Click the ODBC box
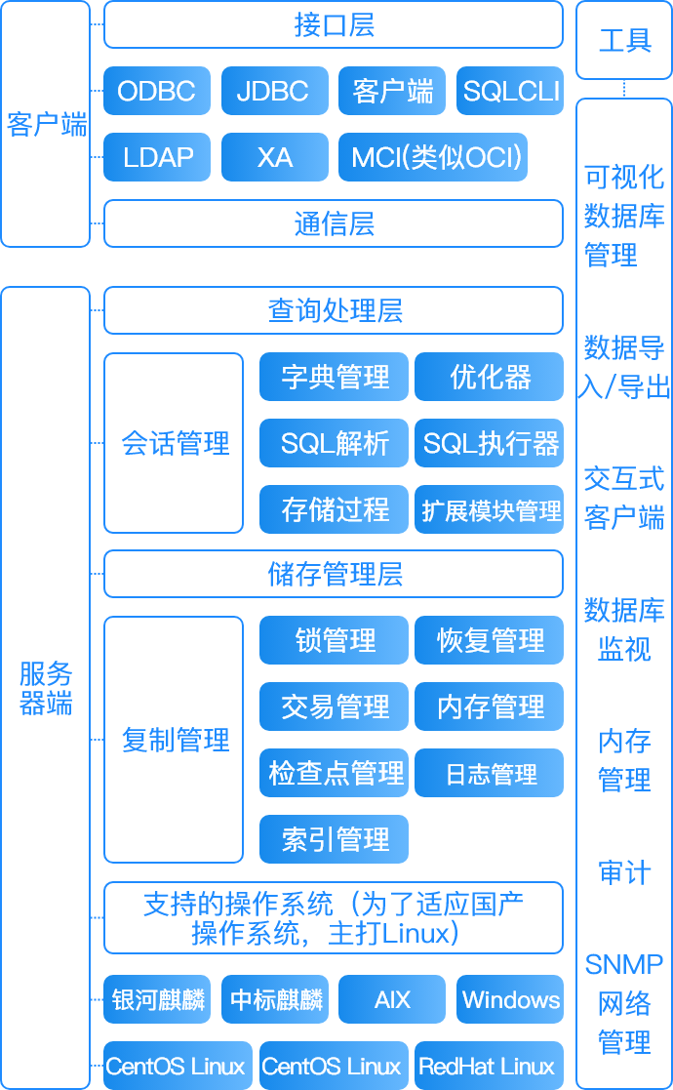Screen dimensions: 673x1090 157,91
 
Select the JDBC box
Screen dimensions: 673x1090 275,91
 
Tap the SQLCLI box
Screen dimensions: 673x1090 510,91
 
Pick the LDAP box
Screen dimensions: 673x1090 157,157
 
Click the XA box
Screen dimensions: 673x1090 275,157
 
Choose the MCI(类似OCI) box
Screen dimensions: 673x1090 433,157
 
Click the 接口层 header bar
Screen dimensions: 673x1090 334,25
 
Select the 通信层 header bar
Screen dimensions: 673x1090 334,223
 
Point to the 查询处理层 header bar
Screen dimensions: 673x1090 334,310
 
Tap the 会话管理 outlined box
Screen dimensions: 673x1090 174,443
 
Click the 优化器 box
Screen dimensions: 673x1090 489,377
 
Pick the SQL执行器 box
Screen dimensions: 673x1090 489,443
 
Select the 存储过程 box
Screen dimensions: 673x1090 335,509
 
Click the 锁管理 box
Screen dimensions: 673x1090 335,640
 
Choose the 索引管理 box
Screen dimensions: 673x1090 335,839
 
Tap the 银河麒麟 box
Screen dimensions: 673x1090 157,999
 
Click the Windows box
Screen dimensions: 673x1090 510,999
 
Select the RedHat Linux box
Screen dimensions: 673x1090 489,1066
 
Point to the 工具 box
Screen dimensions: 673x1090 624,40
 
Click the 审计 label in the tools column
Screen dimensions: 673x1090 624,872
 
